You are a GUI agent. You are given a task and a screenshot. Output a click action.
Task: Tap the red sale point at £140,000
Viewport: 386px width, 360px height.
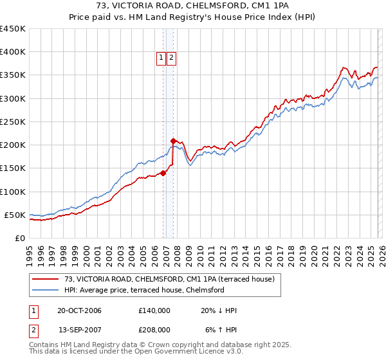click(x=163, y=172)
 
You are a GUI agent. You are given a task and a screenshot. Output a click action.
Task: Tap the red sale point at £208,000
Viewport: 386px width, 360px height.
click(x=173, y=141)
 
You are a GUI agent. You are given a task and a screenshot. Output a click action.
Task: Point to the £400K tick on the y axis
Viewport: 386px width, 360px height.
click(x=13, y=52)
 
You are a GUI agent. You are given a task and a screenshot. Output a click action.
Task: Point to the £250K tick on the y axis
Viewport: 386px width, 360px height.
click(x=13, y=122)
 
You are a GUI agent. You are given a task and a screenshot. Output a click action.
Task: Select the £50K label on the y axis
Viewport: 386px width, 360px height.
click(x=15, y=215)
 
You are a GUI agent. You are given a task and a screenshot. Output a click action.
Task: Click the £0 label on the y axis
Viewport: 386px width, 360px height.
click(x=20, y=238)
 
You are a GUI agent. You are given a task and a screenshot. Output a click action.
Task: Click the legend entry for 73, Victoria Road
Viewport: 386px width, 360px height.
click(x=170, y=279)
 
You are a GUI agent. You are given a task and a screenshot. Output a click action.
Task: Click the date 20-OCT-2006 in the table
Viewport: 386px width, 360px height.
click(x=79, y=310)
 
